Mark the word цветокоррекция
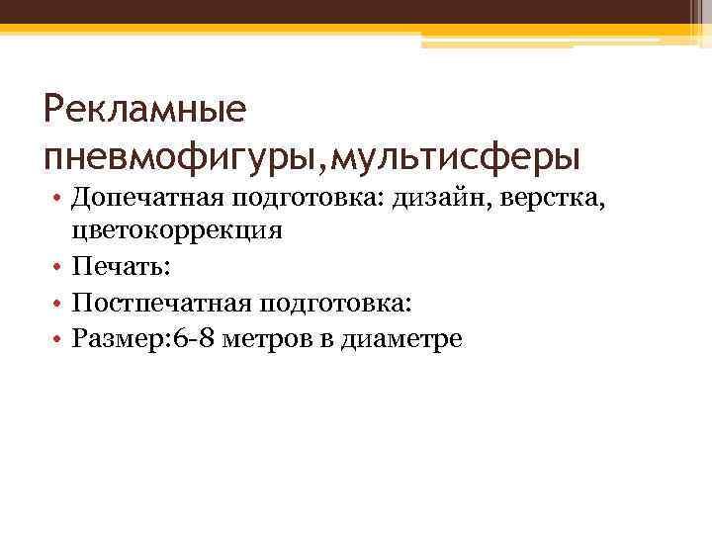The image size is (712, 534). point(177,232)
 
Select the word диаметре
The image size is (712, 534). point(400,339)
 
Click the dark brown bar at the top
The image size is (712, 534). point(356,12)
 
